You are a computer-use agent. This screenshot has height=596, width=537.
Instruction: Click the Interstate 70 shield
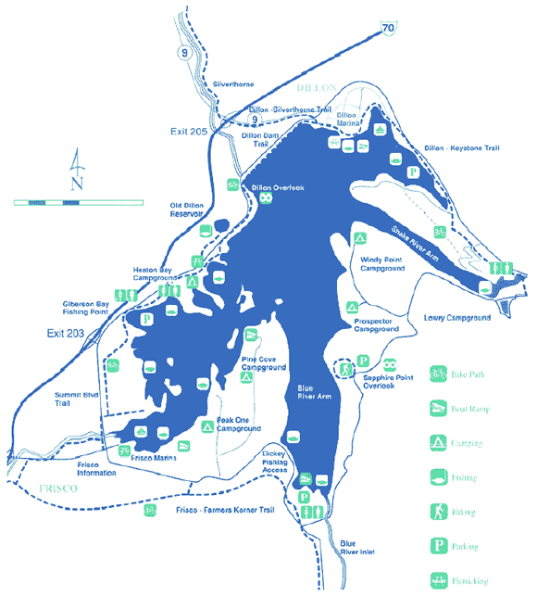[391, 30]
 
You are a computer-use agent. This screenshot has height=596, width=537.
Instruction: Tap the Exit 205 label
[190, 132]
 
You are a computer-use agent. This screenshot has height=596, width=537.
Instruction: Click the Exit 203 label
[66, 333]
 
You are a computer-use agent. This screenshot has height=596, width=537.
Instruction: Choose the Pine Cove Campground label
[262, 362]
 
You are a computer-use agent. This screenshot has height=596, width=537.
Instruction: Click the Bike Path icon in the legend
[439, 374]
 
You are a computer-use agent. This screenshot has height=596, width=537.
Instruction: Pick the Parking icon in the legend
[439, 545]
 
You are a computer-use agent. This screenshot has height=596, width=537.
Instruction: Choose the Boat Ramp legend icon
[439, 408]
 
